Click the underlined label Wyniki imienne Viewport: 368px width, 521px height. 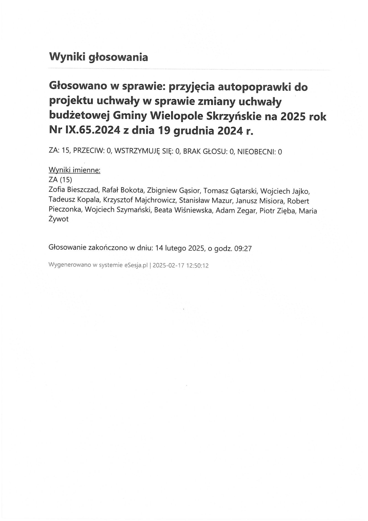74,170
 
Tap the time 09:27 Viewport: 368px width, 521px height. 243,248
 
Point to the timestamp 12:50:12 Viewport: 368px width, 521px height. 198,266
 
